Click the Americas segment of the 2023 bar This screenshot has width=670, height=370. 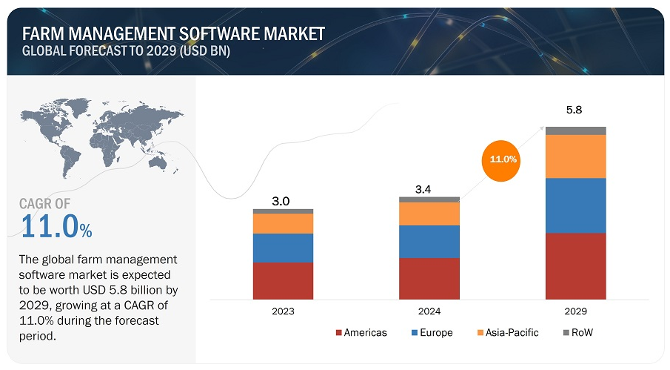point(283,280)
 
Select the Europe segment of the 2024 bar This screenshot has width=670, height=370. point(429,242)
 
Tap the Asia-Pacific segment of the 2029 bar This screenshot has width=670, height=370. point(575,156)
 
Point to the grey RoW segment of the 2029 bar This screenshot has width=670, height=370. point(575,131)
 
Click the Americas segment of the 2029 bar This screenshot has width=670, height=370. point(575,265)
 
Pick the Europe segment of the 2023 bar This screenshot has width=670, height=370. point(283,248)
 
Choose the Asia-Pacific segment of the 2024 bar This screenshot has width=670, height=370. point(429,214)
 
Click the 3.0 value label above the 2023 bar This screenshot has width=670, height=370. point(283,201)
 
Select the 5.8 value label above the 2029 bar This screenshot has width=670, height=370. point(575,110)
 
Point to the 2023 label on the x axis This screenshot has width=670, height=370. point(283,311)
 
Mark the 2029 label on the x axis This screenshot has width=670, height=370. point(575,311)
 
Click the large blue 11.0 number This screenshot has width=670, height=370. point(50,226)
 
